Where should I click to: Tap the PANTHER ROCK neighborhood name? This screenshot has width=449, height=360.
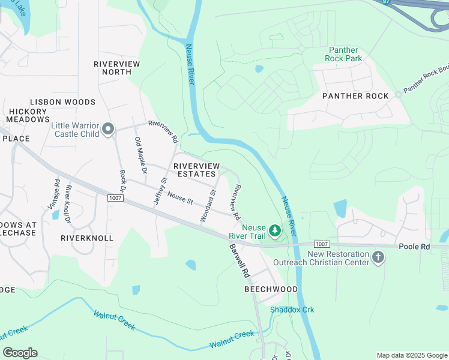point(355,96)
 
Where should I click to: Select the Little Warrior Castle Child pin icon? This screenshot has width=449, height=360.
point(108,130)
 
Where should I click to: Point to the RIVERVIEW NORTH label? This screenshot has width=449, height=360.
point(117,68)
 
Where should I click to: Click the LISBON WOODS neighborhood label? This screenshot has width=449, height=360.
point(62,102)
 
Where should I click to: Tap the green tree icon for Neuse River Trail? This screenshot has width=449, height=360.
point(274,230)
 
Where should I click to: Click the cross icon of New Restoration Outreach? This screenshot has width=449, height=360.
point(378,257)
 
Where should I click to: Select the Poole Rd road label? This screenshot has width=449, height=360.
point(414,247)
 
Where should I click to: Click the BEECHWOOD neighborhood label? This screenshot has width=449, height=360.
point(271,289)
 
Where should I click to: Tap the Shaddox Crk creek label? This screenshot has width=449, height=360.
point(292,310)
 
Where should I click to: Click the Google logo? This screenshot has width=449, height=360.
point(20,352)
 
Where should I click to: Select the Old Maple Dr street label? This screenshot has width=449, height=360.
point(140,155)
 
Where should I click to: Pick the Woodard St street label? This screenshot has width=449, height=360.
point(208,206)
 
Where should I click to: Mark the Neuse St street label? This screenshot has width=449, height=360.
point(179,197)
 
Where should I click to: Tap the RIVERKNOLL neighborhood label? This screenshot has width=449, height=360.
point(87,238)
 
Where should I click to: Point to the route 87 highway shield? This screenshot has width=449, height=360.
point(384,2)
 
